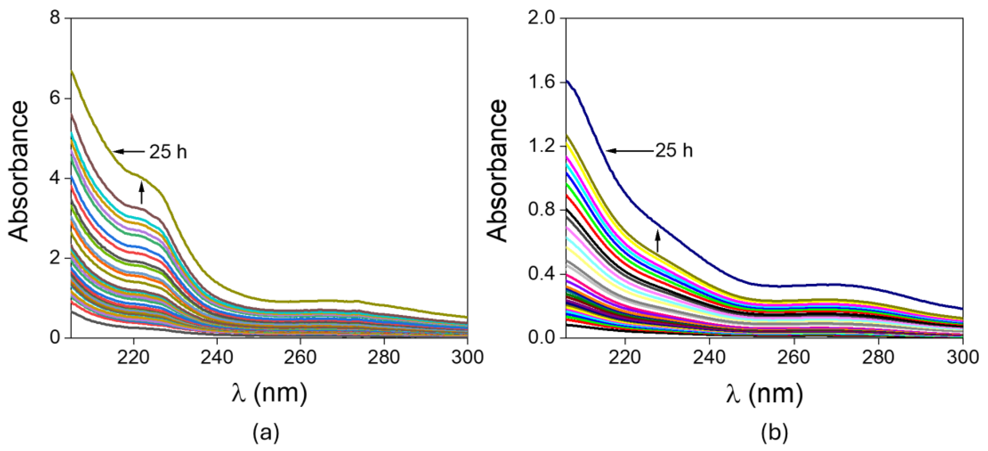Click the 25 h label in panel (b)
click(674, 151)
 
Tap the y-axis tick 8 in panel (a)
click(56, 18)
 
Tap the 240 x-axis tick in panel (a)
click(217, 357)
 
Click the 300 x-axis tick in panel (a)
click(467, 357)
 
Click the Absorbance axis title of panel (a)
click(18, 171)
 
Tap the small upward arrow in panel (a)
click(141, 192)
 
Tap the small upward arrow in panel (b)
click(658, 240)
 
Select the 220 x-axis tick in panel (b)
click(625, 357)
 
